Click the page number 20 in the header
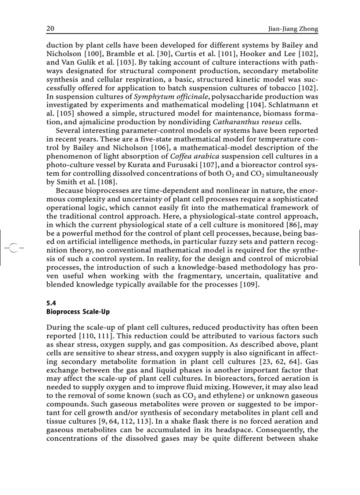[50, 29]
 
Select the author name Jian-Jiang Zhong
[293, 29]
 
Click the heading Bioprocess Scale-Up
[78, 312]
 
